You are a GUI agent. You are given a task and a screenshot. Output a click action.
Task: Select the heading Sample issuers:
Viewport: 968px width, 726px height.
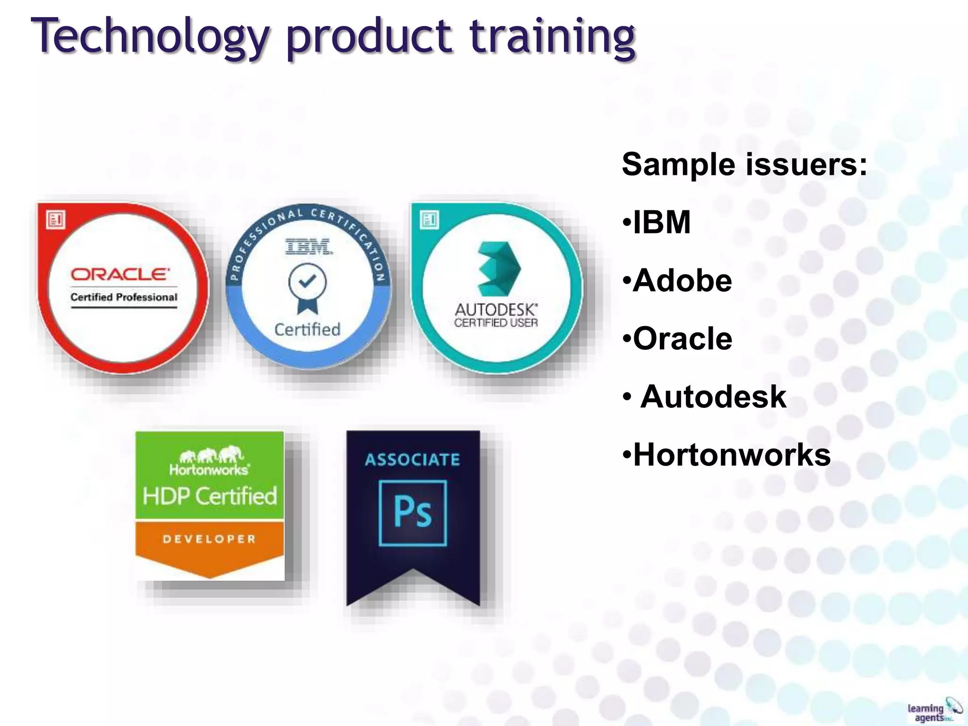tap(744, 164)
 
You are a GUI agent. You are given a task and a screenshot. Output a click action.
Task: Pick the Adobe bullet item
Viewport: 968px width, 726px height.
tap(682, 281)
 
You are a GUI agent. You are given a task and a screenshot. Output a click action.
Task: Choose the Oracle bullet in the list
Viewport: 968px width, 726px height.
tap(682, 339)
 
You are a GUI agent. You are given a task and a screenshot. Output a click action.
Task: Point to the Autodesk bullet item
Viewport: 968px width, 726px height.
tap(712, 397)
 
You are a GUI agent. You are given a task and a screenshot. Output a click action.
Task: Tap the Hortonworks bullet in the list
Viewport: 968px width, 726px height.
tap(731, 455)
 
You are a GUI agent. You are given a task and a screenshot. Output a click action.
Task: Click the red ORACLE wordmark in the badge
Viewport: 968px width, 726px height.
tap(120, 275)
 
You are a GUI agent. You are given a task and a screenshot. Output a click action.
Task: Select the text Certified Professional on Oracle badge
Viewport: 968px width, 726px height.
tap(124, 297)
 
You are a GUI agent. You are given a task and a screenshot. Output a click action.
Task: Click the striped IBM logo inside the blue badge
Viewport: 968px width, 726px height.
tap(308, 246)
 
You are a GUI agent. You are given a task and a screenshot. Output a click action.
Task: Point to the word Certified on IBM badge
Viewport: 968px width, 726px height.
tap(307, 329)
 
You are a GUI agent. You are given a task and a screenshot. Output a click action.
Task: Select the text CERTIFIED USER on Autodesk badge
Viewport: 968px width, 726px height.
tap(496, 323)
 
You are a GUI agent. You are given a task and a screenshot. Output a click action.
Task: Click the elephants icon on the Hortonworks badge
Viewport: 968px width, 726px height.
tap(211, 455)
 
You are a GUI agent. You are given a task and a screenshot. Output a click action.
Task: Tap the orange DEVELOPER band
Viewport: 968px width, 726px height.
tap(209, 539)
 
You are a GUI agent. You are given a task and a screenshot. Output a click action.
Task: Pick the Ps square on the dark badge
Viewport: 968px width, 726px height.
tap(413, 513)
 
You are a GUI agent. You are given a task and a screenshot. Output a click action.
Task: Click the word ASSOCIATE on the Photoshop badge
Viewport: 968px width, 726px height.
tap(412, 459)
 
